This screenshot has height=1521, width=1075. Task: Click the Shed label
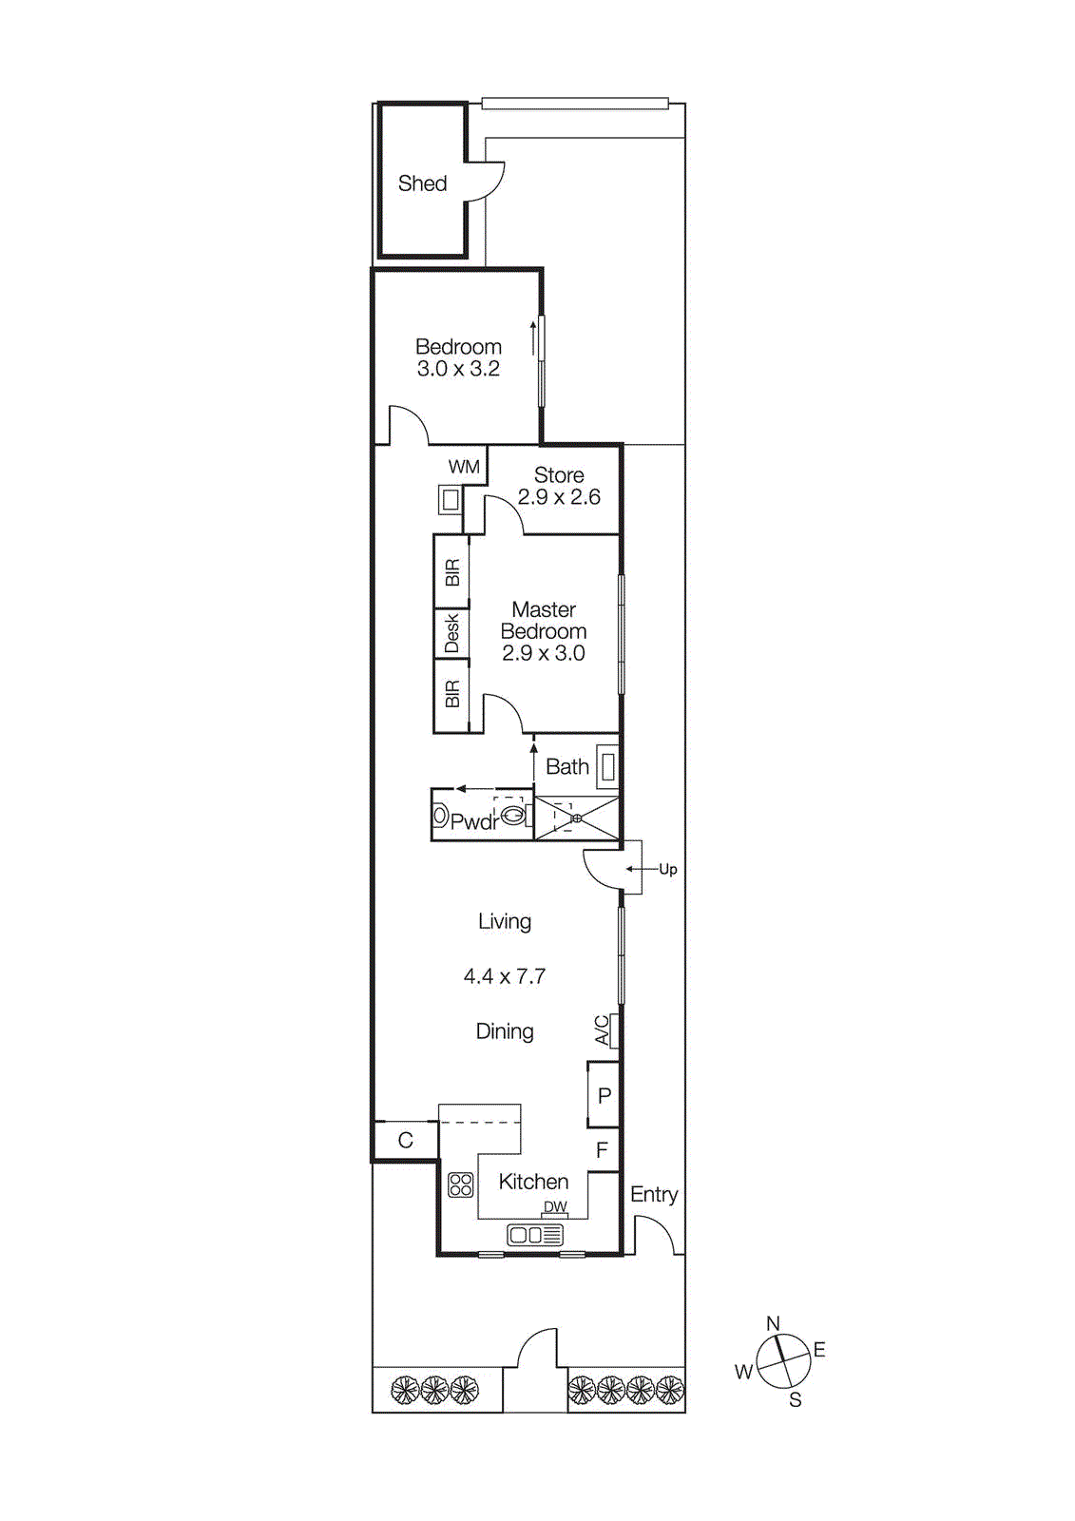coord(422,183)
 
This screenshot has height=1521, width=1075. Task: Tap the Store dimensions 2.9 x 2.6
coord(559,497)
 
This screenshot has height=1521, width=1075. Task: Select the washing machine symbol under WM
coord(450,499)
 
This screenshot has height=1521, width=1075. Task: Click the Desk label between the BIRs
coord(451,634)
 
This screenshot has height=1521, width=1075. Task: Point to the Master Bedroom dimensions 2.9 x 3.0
coord(544,653)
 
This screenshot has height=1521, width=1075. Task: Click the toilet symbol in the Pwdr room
coord(513,815)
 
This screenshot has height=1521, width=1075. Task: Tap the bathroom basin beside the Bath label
coord(607,767)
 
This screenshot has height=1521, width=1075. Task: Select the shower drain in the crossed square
coord(576,818)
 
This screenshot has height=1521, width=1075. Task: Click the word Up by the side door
coord(668,869)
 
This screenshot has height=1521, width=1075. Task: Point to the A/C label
coord(603,1030)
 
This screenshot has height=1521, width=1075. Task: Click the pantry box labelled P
coord(604,1095)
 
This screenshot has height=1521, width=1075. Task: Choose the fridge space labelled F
coord(602,1150)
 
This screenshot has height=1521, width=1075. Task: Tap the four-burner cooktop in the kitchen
coord(461,1184)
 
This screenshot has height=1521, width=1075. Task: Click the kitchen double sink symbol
coord(535,1235)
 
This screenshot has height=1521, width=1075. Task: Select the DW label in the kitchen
coord(555,1207)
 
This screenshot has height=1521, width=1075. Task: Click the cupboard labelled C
coord(405,1140)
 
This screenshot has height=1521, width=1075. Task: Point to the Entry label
coord(654,1195)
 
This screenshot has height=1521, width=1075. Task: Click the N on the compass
coord(773,1323)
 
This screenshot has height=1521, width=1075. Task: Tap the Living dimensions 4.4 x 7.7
coord(505,976)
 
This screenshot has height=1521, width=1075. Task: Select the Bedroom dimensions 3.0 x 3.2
coord(458,369)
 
